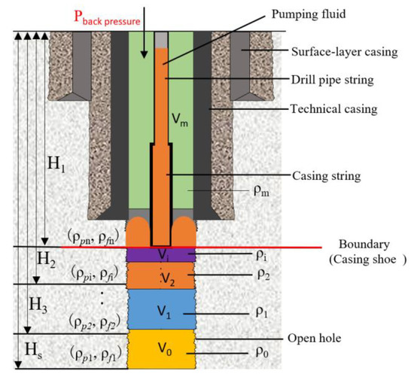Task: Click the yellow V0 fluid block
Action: click(x=162, y=350)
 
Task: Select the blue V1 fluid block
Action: click(x=162, y=309)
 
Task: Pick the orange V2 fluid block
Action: click(x=162, y=276)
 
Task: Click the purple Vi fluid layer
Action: click(x=162, y=254)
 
